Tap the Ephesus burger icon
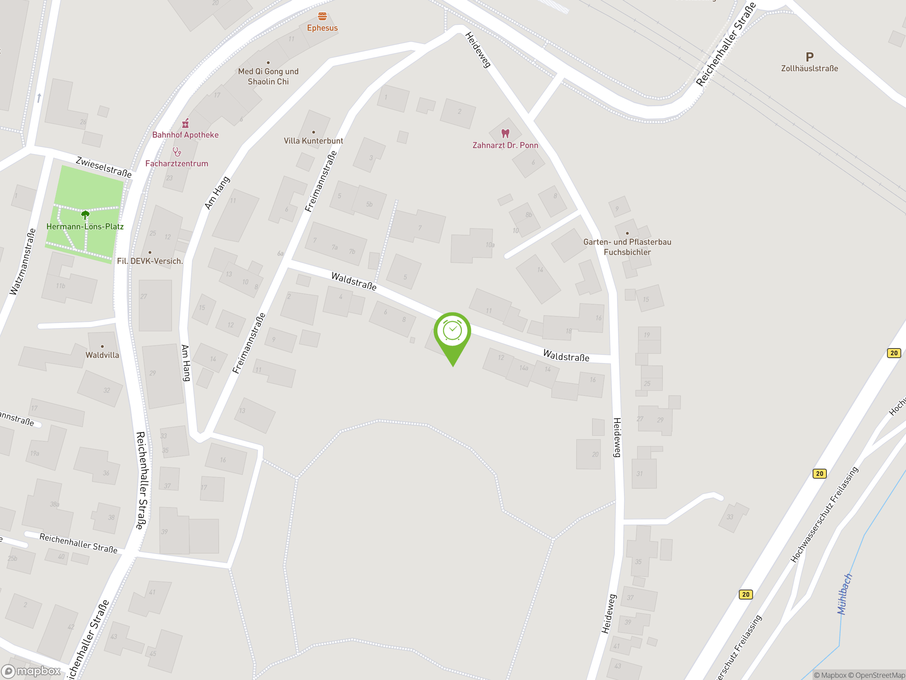click(322, 16)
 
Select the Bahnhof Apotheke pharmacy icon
click(185, 123)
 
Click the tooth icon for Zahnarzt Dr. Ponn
click(505, 133)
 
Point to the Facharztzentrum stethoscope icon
click(177, 152)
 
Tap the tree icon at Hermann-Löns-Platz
click(85, 215)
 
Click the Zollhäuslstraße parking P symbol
click(809, 57)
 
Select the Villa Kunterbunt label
click(313, 141)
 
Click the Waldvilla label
click(102, 355)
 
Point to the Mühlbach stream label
click(844, 594)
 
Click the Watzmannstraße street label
click(23, 262)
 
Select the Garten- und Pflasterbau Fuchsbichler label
click(627, 247)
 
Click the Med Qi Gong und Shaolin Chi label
click(268, 76)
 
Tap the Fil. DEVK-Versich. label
click(150, 261)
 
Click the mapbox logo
click(31, 671)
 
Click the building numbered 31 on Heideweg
click(643, 474)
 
